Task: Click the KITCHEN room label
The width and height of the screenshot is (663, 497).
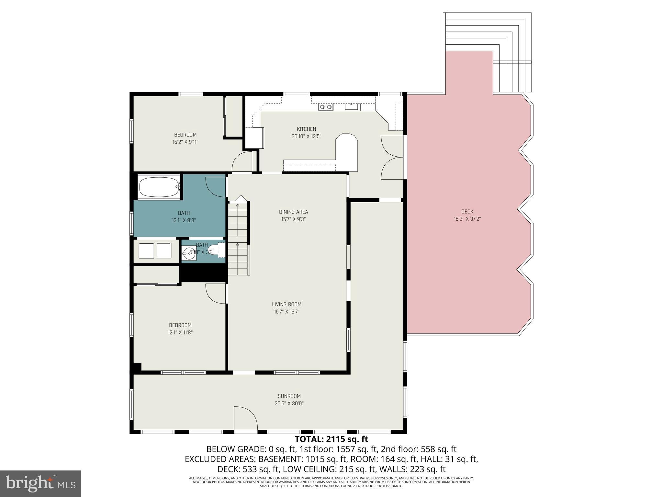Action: click(x=306, y=129)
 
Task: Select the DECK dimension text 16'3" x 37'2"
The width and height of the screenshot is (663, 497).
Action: click(x=467, y=219)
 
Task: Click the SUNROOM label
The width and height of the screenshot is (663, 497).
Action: click(x=289, y=396)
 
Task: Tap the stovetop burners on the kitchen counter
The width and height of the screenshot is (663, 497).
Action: click(x=325, y=107)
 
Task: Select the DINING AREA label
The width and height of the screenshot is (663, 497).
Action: click(x=293, y=212)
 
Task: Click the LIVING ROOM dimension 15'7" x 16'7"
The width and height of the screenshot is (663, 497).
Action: click(x=287, y=312)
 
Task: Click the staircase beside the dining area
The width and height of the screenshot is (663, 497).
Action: click(x=238, y=239)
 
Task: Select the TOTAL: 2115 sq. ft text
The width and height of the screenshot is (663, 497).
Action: click(x=331, y=439)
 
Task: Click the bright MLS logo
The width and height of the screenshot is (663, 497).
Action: click(x=40, y=483)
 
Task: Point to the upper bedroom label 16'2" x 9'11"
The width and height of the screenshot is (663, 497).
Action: click(x=185, y=142)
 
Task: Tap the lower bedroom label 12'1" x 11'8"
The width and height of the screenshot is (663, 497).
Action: click(x=180, y=332)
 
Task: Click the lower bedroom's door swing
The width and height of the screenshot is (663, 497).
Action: click(x=215, y=293)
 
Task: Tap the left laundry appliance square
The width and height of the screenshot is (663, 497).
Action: click(x=146, y=250)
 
